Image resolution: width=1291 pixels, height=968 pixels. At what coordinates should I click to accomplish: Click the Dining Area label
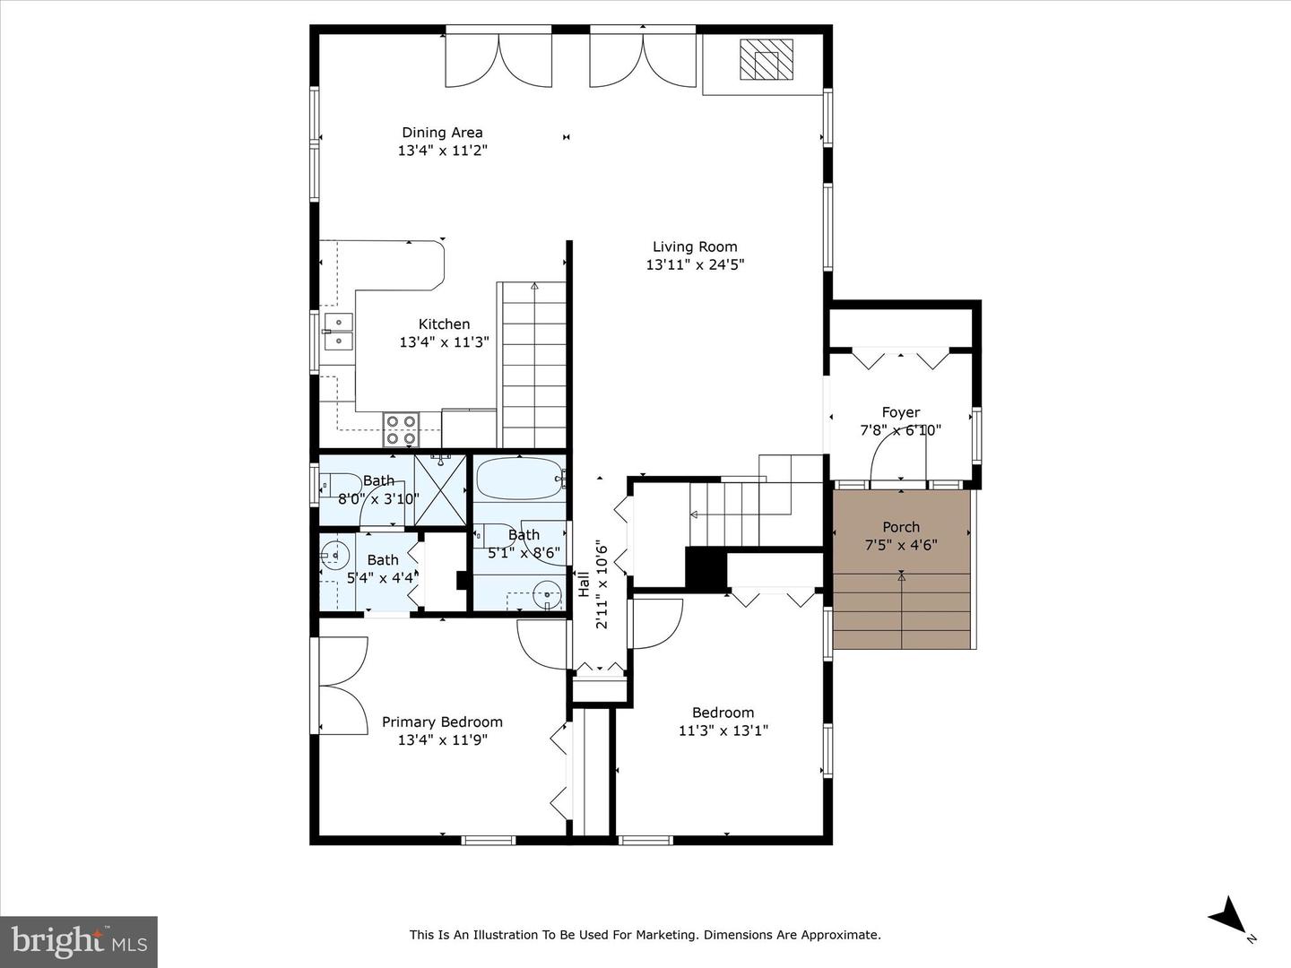(x=442, y=133)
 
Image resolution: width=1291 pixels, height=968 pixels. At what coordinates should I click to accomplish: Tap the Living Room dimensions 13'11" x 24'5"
(x=695, y=264)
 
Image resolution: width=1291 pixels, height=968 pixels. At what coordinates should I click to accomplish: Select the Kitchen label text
(x=444, y=324)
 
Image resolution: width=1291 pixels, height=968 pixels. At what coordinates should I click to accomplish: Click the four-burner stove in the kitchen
(x=401, y=429)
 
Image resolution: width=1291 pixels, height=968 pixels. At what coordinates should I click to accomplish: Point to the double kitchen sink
(x=339, y=331)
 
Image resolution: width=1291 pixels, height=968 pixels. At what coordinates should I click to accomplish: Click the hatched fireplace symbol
(x=767, y=59)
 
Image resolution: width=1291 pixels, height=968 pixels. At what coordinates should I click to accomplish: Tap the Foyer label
(x=900, y=412)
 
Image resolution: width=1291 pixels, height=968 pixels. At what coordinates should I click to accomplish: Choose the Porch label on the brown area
(x=901, y=527)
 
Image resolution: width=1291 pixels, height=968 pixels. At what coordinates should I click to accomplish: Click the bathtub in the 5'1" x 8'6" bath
(x=520, y=479)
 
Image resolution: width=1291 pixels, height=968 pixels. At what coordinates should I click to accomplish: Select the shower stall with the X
(x=440, y=490)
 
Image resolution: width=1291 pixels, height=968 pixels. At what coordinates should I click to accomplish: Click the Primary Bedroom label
(x=442, y=722)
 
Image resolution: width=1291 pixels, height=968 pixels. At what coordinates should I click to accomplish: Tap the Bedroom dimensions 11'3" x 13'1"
(x=723, y=730)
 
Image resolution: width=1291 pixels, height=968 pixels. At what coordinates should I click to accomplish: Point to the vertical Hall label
(x=584, y=584)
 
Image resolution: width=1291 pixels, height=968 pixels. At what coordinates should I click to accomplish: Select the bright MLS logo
(x=79, y=942)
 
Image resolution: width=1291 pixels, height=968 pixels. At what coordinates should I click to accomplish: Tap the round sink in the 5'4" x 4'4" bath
(x=334, y=555)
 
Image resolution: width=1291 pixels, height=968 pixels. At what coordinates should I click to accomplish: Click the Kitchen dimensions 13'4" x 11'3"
(x=444, y=342)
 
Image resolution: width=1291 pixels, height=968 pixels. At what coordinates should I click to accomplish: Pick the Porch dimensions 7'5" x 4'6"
(x=901, y=545)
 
